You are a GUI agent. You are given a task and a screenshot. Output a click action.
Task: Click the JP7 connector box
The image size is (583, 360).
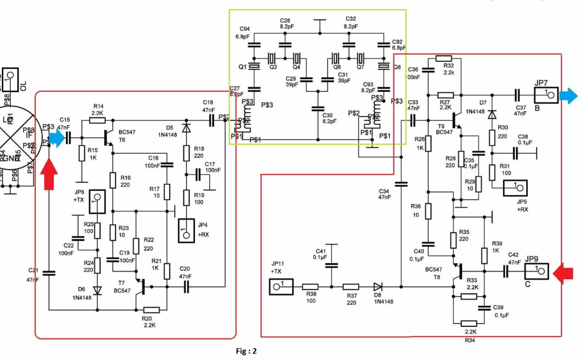(x=545, y=93)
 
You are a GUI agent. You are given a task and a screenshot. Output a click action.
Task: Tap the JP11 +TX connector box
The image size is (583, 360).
(x=281, y=287)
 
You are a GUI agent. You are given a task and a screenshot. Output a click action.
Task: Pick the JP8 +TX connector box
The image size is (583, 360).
(x=97, y=202)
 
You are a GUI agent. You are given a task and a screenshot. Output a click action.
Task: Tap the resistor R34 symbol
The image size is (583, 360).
(x=471, y=322)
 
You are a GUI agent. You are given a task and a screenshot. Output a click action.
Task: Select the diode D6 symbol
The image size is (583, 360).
(x=97, y=290)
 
